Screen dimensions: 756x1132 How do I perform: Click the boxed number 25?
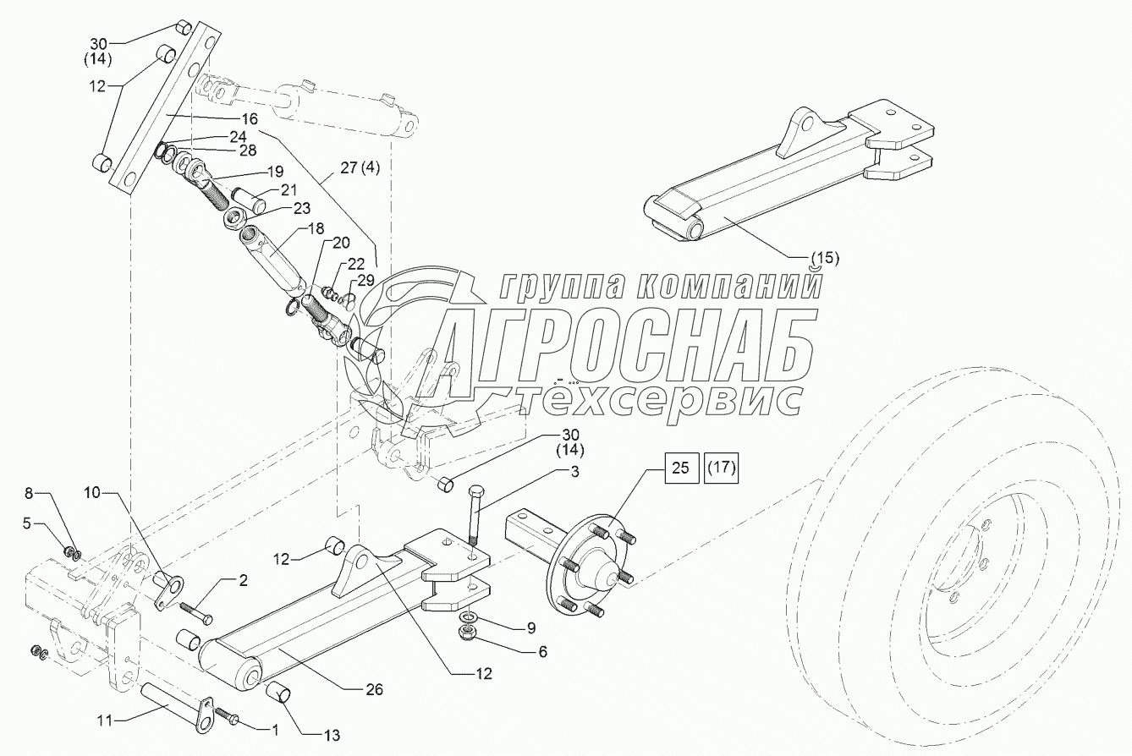point(681,467)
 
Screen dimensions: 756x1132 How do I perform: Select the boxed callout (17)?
point(721,467)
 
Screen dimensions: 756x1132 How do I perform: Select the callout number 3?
point(574,474)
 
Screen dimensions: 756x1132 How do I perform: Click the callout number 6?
point(542,651)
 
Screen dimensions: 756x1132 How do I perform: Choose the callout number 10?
point(91,492)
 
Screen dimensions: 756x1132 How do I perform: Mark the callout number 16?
point(250,119)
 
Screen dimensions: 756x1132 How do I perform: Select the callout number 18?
point(315,229)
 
